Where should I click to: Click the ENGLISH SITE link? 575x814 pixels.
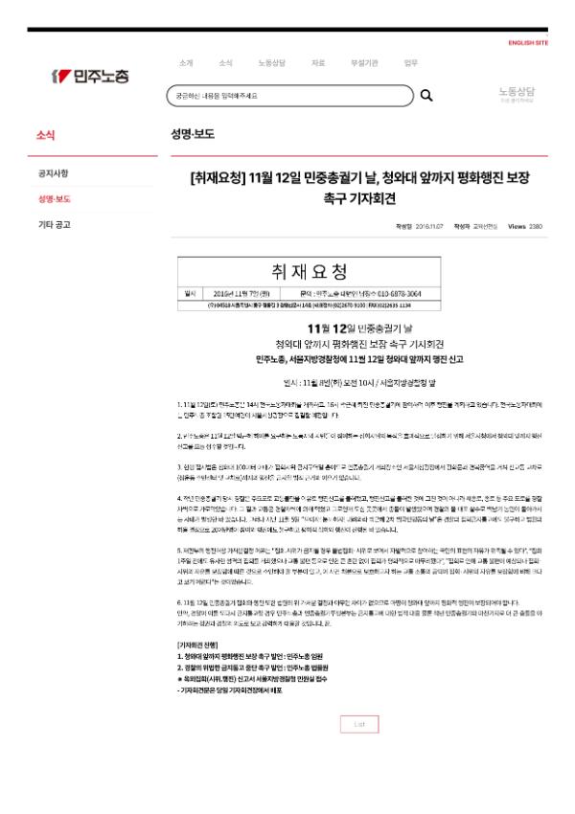[x=528, y=43]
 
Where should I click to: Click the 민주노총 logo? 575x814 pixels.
[x=90, y=76]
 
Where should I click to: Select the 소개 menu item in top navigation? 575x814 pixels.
[x=185, y=63]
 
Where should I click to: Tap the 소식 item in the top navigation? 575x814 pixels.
[x=225, y=63]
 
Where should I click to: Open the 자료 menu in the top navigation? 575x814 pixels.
[x=317, y=63]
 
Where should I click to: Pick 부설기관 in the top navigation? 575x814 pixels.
[x=365, y=63]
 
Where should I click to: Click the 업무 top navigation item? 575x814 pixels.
[x=411, y=63]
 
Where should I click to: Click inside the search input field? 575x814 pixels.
[x=287, y=95]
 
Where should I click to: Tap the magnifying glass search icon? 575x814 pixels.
[x=426, y=95]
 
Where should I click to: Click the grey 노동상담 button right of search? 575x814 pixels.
[x=517, y=95]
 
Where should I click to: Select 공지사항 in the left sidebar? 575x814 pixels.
[x=53, y=173]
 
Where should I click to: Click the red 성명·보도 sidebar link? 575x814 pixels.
[x=55, y=199]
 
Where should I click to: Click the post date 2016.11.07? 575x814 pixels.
[x=432, y=226]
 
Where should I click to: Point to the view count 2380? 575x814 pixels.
[x=535, y=226]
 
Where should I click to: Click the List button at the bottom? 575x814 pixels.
[x=358, y=724]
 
